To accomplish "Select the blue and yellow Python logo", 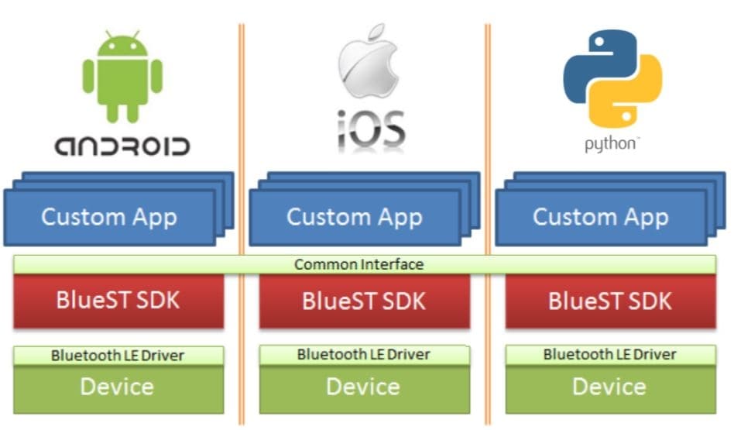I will [612, 77].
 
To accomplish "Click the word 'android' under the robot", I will [122, 146].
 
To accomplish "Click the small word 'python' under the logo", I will [611, 144].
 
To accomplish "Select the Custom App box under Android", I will [109, 217].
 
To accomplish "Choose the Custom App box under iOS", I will [355, 217].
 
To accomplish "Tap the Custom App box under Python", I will [600, 217].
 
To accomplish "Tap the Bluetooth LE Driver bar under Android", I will [118, 356].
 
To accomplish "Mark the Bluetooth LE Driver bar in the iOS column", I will [364, 355].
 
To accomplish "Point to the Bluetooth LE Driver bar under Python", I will [610, 355].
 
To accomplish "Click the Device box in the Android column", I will [118, 387].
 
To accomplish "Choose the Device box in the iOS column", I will [364, 387].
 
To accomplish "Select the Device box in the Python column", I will [610, 387].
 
